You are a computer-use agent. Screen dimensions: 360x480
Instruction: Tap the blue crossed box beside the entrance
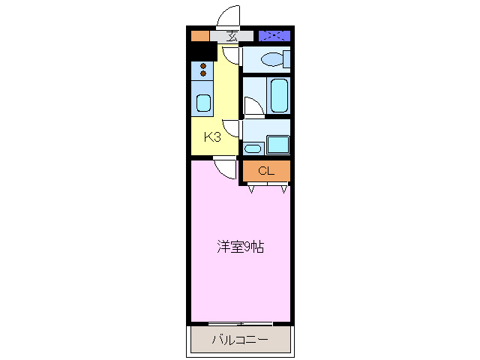coord(274,35)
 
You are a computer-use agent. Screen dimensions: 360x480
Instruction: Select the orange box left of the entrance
coord(199,35)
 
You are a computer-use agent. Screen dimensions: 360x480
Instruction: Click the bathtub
coord(279,95)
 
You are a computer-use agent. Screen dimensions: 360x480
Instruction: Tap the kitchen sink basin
coord(203,103)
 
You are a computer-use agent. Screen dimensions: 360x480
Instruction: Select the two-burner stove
coord(203,70)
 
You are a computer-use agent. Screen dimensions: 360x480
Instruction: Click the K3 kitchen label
coord(213,137)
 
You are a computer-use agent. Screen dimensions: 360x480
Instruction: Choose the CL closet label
coord(265,171)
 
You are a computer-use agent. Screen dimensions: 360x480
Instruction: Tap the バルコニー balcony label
coord(239,340)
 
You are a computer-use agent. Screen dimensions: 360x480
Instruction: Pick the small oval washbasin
coord(253,148)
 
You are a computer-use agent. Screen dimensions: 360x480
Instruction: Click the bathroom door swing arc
coord(253,107)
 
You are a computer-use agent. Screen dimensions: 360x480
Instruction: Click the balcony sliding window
coord(240,323)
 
